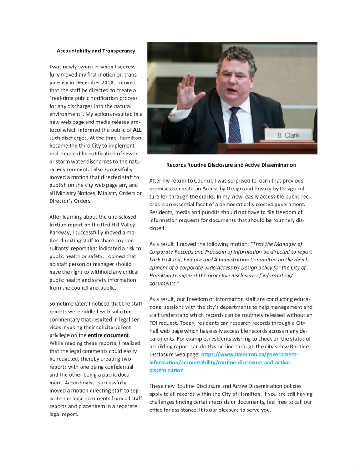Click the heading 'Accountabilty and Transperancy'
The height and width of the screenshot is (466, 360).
pos(96,51)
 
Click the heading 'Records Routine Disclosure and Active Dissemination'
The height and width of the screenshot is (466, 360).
pos(231,164)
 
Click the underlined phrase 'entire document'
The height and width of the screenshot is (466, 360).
pos(108,335)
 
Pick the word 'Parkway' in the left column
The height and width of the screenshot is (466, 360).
pos(61,232)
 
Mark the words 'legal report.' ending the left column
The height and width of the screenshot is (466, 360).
pos(64,414)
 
